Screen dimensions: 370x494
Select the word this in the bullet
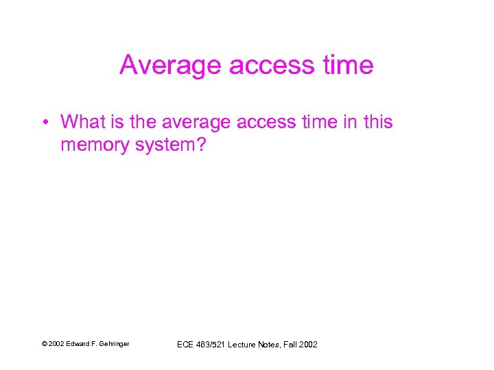pos(378,122)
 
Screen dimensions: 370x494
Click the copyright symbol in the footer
pos(44,344)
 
